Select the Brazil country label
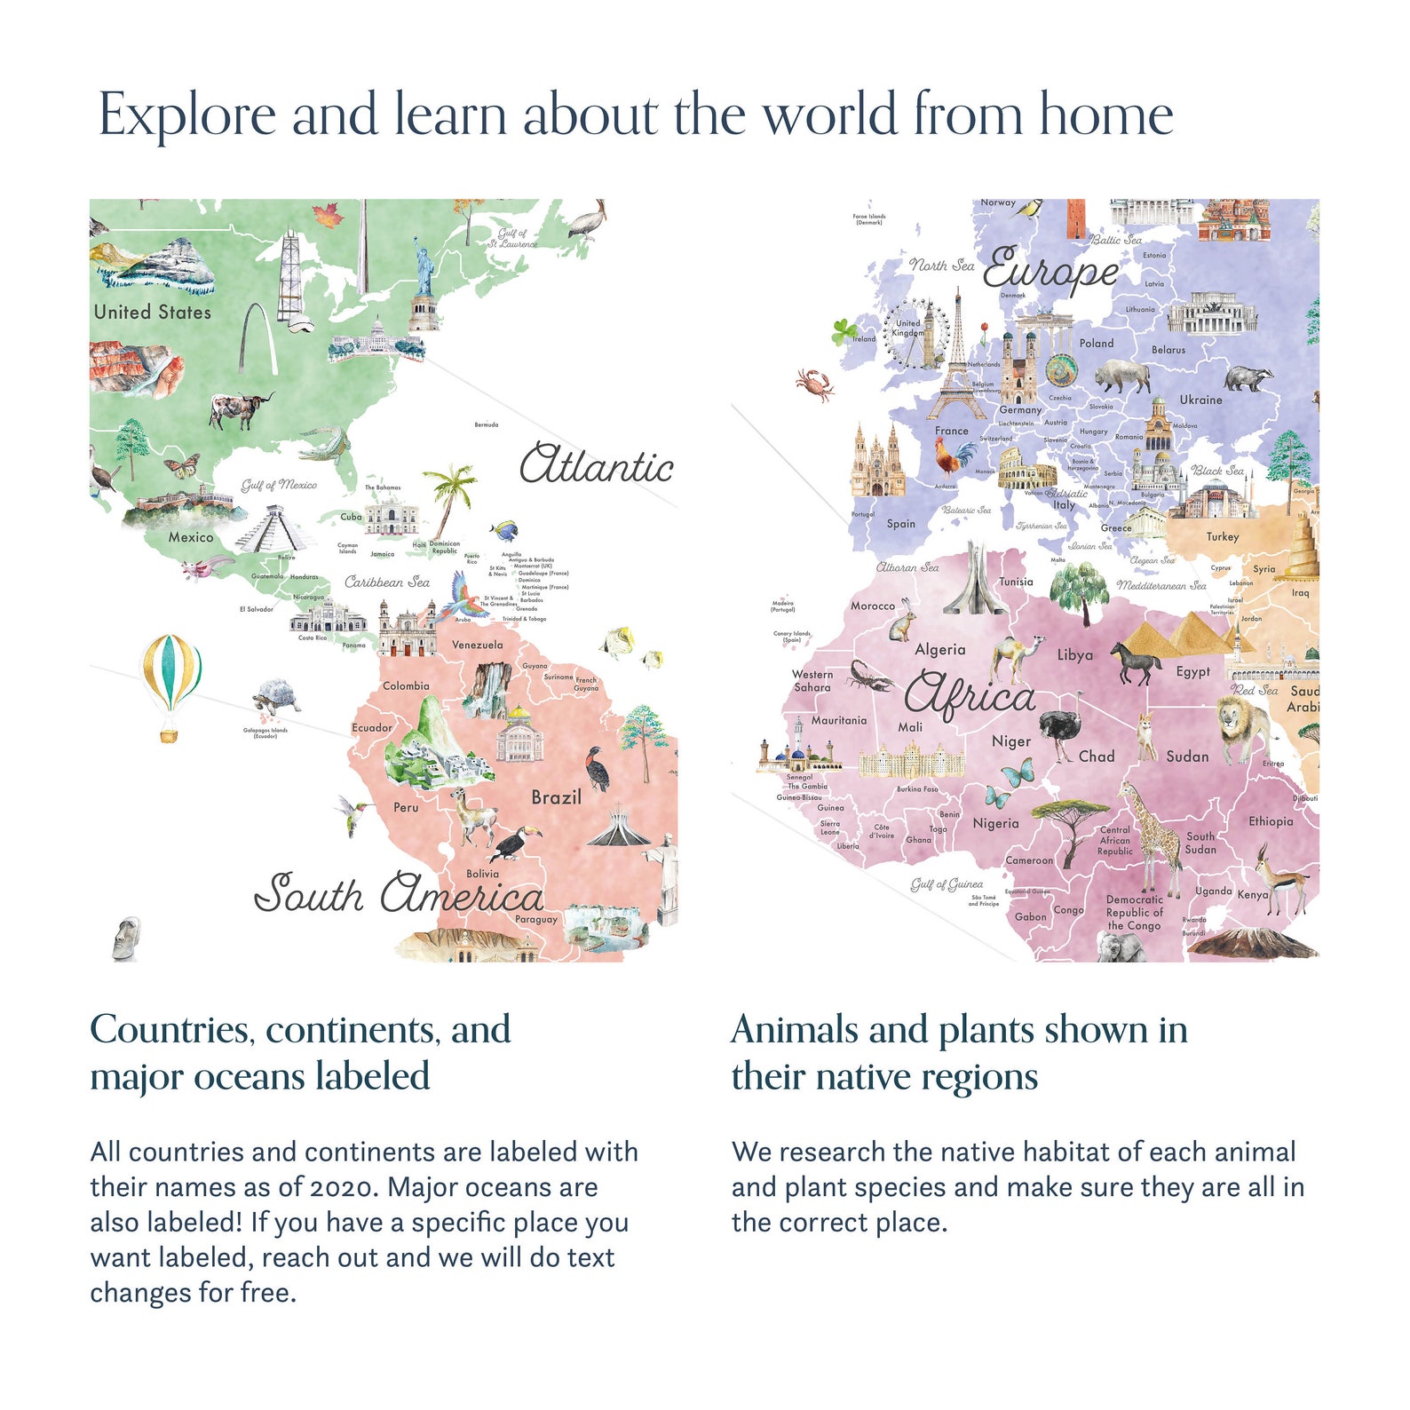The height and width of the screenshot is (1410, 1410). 556,797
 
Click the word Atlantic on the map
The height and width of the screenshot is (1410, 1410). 596,466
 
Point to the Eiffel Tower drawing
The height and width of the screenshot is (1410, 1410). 957,364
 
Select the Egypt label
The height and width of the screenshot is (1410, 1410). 1192,672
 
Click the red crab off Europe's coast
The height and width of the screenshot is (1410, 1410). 814,384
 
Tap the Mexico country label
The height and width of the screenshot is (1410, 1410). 191,537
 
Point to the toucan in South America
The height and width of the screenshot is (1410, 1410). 516,842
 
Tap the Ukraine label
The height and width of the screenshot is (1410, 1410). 1200,400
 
